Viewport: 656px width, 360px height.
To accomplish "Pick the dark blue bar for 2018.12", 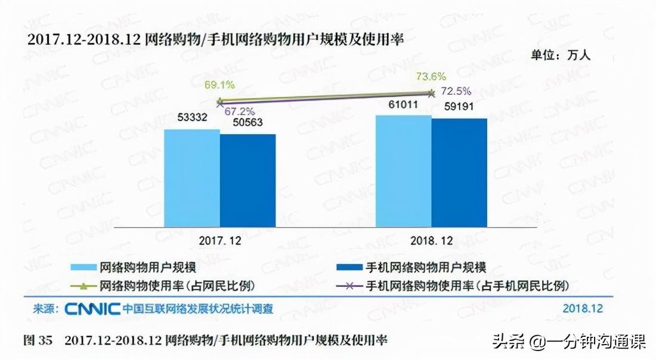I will click(x=459, y=172).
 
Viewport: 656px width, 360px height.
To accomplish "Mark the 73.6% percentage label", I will click(x=431, y=76).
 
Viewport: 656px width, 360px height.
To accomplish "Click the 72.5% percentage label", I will click(x=456, y=91).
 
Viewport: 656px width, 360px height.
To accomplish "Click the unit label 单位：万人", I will click(x=561, y=55).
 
